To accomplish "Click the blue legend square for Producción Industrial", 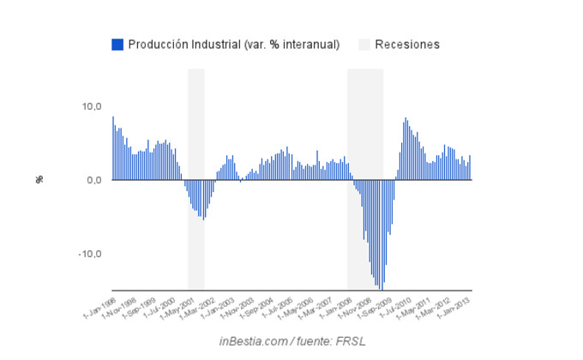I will click(117, 45).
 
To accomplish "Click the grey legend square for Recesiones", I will click(364, 45).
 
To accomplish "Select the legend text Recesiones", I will click(407, 45).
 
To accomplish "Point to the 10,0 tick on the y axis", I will click(92, 106).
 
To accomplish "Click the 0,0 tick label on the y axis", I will click(94, 180).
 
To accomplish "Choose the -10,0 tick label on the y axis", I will click(90, 254).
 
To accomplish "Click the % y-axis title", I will click(39, 179).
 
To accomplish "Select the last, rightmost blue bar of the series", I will click(471, 168).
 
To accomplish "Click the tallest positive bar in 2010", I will click(406, 149).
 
